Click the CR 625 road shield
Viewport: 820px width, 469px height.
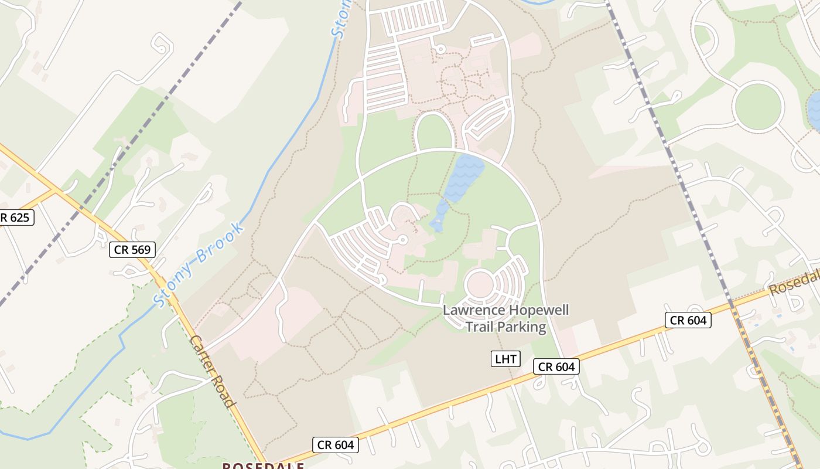pos(16,218)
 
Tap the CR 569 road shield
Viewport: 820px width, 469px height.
pos(132,250)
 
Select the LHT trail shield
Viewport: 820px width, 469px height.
pos(505,359)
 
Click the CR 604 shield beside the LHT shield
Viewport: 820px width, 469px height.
pos(556,367)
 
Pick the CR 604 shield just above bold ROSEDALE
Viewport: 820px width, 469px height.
pos(335,445)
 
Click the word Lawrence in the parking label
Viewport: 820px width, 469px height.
pos(473,310)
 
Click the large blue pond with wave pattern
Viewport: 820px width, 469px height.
pos(464,178)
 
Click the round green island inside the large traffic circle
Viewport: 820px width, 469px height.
pos(758,106)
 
